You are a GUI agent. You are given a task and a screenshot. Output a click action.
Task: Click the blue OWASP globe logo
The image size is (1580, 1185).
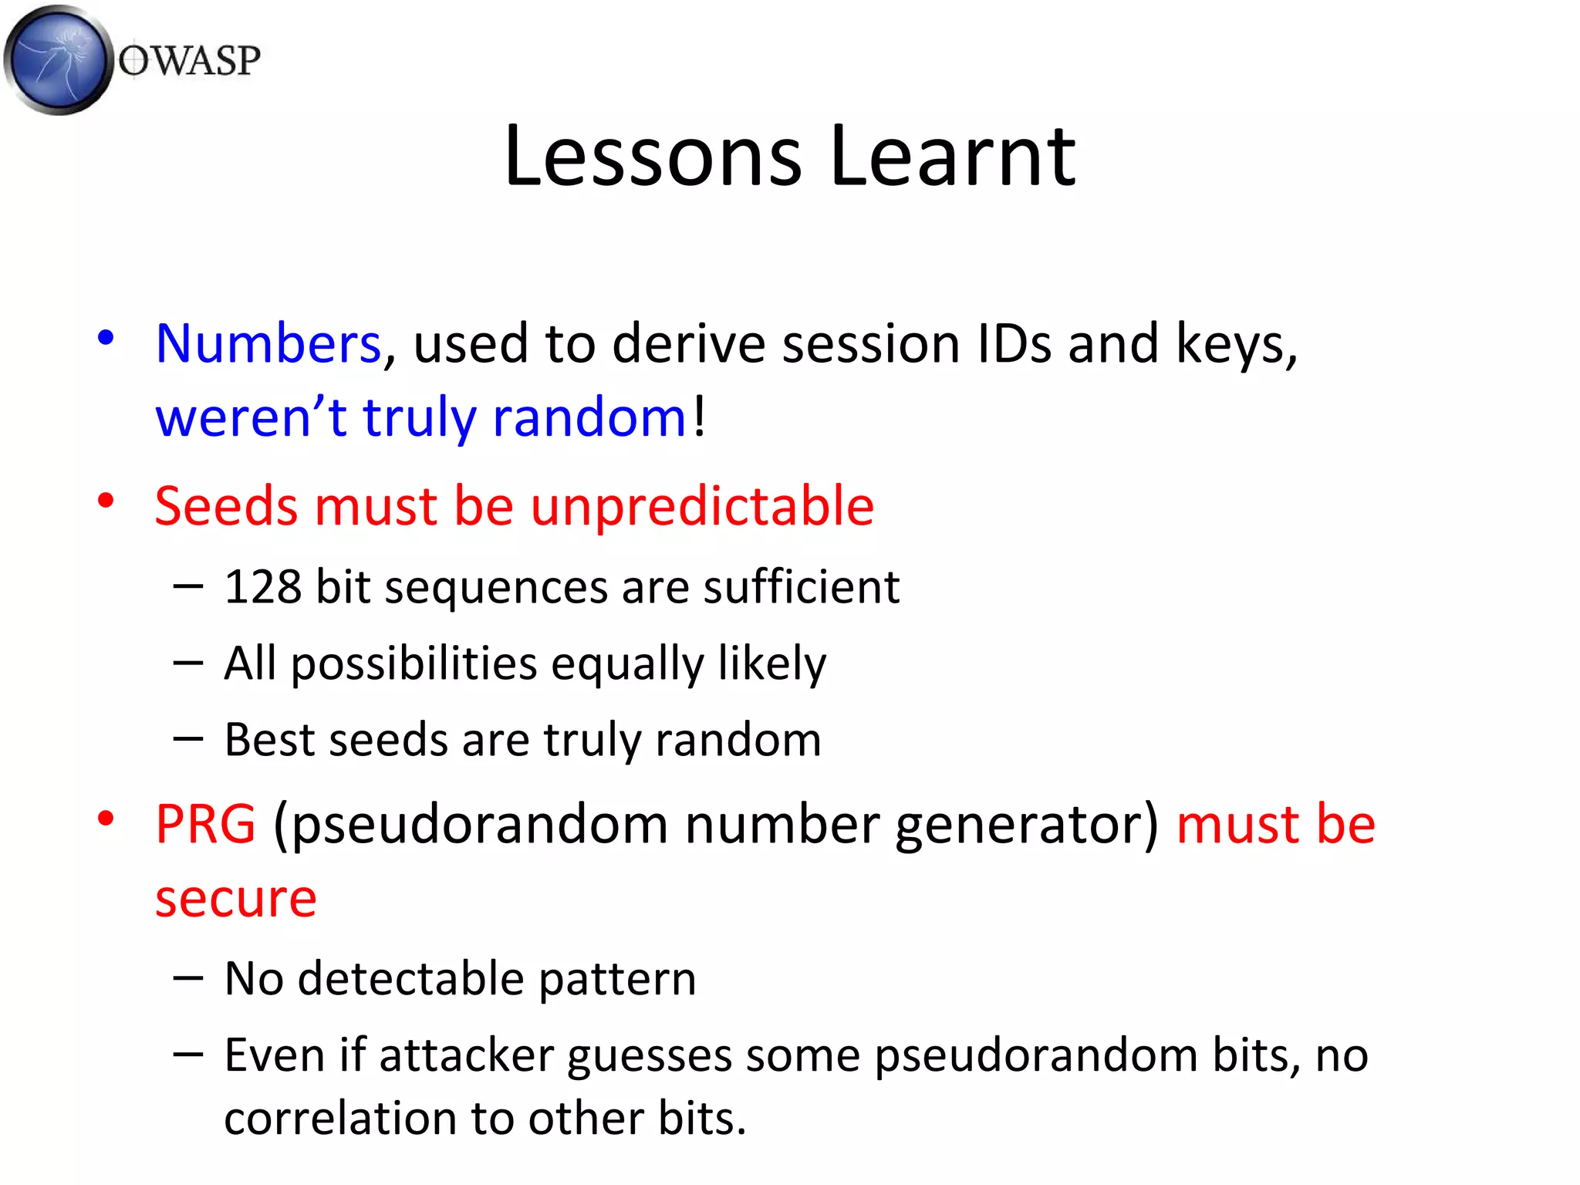pos(58,60)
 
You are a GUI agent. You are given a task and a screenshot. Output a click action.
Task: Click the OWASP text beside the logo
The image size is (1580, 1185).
pos(189,60)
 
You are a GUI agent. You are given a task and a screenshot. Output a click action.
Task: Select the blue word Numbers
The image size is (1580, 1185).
pos(268,343)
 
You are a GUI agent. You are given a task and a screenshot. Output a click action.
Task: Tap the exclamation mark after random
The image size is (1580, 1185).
pos(699,417)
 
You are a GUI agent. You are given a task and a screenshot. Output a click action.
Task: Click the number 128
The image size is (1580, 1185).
pos(262,587)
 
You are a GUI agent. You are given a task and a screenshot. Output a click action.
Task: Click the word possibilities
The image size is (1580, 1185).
pos(414,664)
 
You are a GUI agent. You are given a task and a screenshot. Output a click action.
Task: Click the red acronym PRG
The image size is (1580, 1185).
pos(205,825)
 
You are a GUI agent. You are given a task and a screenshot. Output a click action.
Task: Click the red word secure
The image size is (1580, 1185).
pos(235,899)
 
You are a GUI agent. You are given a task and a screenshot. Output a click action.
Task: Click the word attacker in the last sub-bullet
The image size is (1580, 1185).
pos(466,1056)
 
